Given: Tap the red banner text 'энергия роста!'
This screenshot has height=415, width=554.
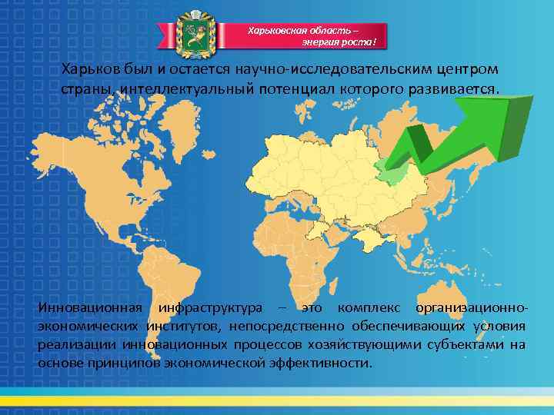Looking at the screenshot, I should [339, 43].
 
